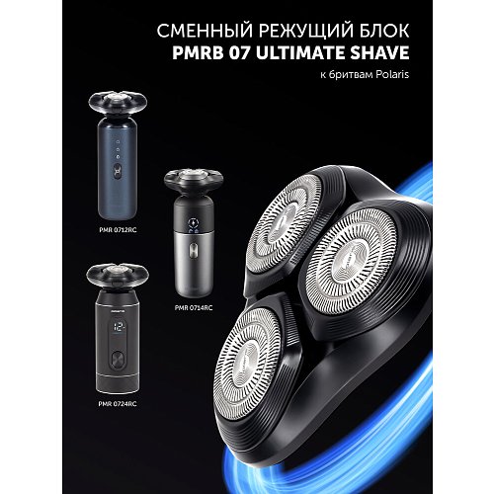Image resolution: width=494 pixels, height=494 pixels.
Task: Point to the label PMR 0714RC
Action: click(193, 307)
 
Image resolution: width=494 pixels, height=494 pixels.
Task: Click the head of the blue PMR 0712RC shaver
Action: click(118, 104)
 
